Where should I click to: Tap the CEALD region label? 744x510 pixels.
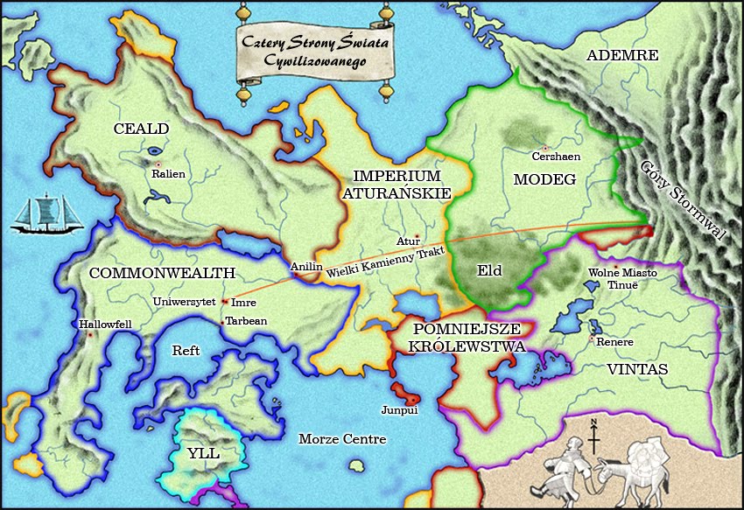pyautogui.click(x=141, y=129)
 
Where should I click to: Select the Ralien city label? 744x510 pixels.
pyautogui.click(x=168, y=174)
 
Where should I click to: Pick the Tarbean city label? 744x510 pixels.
pyautogui.click(x=246, y=321)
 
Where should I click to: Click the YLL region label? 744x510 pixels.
pyautogui.click(x=203, y=453)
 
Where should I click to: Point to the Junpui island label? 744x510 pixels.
pyautogui.click(x=399, y=409)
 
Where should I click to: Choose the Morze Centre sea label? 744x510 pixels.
pyautogui.click(x=341, y=439)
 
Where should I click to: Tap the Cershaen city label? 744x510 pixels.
pyautogui.click(x=556, y=157)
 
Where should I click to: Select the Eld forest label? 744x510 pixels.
pyautogui.click(x=489, y=270)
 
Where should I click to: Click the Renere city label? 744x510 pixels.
pyautogui.click(x=614, y=341)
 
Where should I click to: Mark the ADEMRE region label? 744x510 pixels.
pyautogui.click(x=621, y=55)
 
